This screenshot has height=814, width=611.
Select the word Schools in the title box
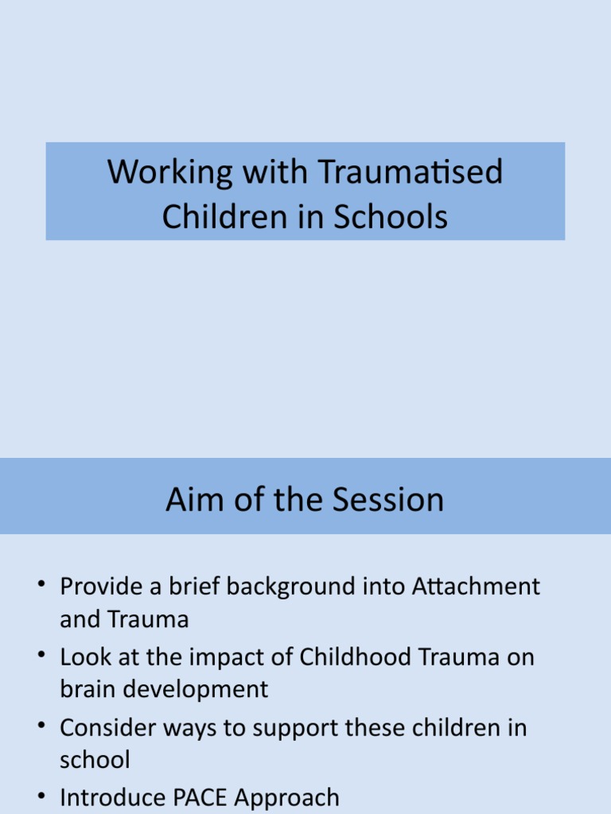(x=391, y=217)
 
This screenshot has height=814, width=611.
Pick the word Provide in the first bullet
(x=98, y=587)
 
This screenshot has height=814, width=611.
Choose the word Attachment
(x=477, y=587)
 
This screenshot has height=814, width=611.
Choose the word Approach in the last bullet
(x=299, y=798)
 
